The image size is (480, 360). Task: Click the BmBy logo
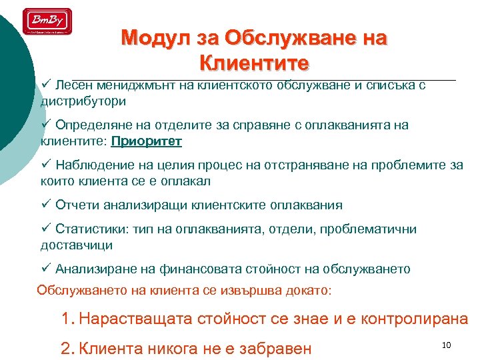pos(47,21)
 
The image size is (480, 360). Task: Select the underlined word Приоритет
pos(147,141)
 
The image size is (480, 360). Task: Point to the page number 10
pos(447,345)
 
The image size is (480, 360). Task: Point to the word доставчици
pos(76,245)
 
